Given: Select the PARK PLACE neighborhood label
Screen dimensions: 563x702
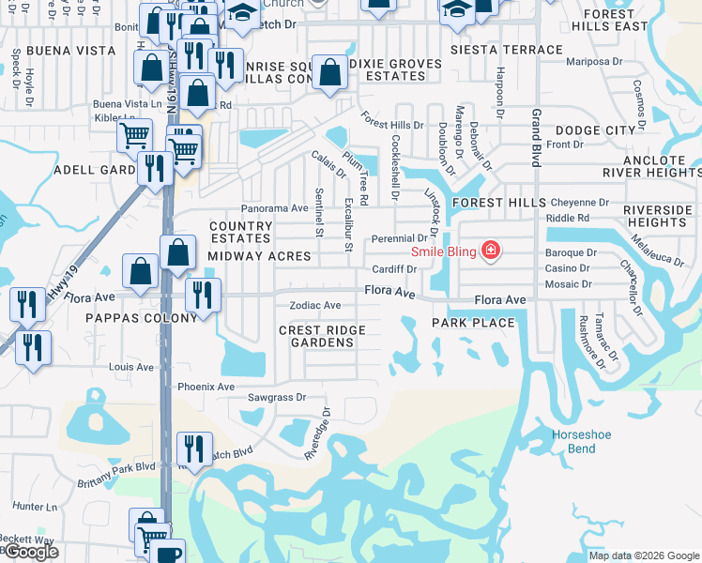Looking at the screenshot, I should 473,323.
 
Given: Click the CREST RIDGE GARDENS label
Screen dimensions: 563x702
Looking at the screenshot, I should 322,336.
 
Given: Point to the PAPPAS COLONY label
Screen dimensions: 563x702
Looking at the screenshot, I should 142,318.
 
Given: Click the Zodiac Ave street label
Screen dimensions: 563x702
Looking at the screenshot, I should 315,305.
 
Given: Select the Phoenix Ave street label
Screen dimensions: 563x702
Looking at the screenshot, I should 206,387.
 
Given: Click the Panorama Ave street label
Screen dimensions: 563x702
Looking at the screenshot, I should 274,207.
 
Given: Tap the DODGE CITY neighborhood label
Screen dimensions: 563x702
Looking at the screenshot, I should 595,130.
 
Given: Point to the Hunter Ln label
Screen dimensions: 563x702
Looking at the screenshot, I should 37,506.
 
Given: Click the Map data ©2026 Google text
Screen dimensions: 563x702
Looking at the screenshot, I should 643,555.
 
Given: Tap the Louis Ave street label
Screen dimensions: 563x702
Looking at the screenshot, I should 130,366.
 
